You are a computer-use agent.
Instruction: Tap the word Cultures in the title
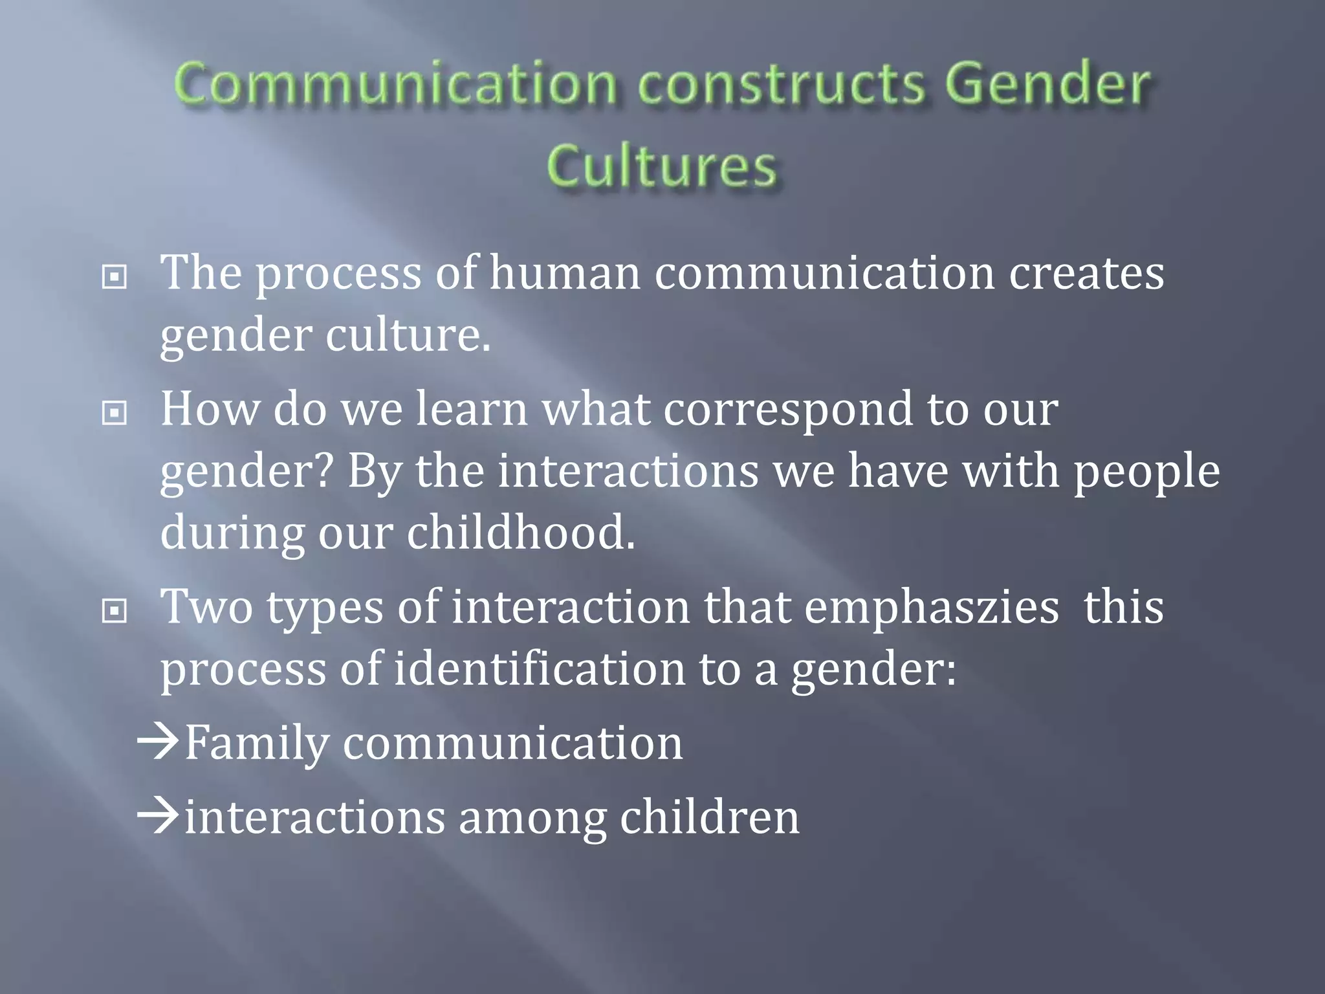661,166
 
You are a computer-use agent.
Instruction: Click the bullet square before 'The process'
115,278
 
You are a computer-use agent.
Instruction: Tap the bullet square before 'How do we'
115,413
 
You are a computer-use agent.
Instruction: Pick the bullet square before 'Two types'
115,610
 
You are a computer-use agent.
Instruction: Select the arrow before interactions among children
159,816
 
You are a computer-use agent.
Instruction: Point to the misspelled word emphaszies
932,608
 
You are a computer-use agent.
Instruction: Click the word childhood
521,533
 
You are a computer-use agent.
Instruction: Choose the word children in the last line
710,817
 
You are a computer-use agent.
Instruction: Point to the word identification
540,669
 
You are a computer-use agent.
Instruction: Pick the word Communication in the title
395,85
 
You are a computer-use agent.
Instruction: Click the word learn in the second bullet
472,410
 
